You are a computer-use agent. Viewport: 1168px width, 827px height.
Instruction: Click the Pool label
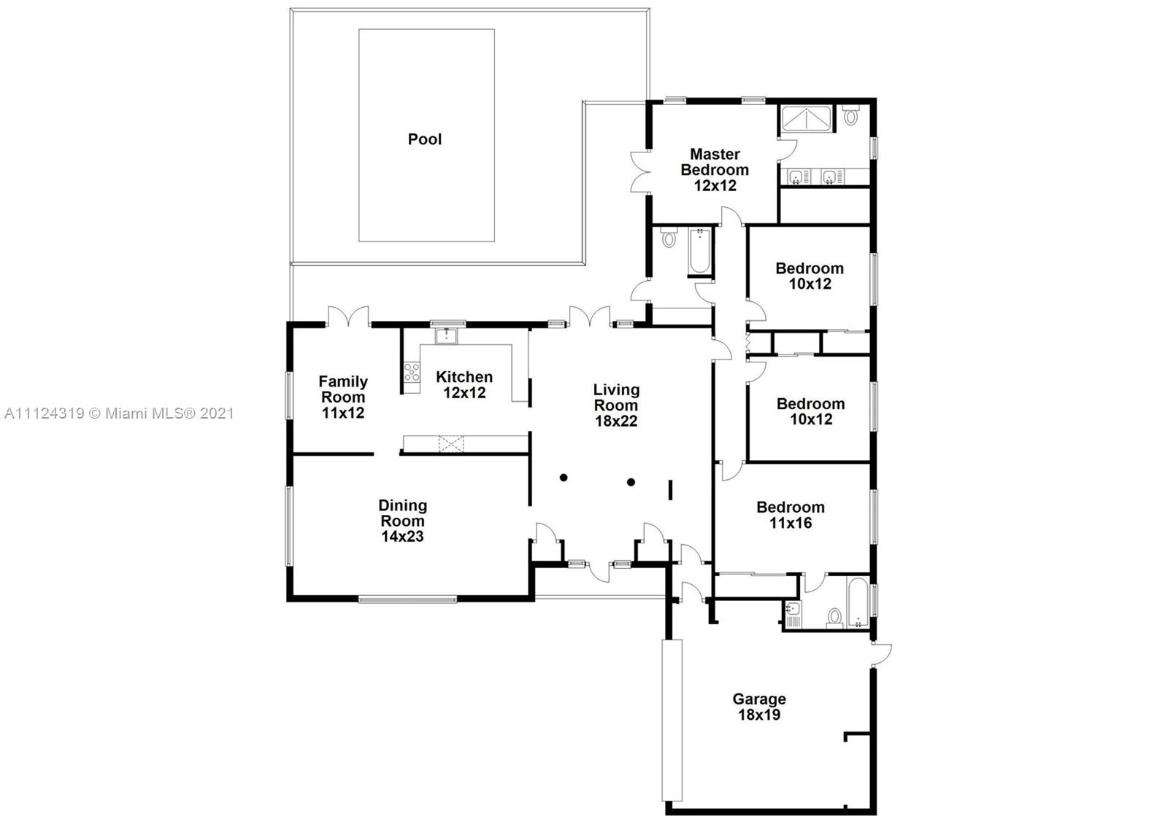tap(424, 139)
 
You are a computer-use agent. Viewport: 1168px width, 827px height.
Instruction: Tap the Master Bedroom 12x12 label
tap(715, 170)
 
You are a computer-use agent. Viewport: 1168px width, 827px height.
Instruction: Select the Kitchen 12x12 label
tap(464, 384)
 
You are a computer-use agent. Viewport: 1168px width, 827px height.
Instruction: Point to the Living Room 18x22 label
tap(616, 405)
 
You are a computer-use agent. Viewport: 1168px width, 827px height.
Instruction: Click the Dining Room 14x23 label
tap(402, 521)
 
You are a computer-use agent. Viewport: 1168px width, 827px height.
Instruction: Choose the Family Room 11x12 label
tap(343, 397)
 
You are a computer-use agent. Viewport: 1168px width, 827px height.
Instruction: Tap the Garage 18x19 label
tap(758, 706)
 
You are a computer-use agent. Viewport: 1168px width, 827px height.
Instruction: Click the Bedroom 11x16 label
tap(791, 515)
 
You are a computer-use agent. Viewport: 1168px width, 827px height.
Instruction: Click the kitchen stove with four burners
tap(412, 373)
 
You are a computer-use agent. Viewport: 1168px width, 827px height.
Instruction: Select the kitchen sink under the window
tap(446, 336)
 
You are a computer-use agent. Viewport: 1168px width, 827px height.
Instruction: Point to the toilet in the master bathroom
tap(850, 115)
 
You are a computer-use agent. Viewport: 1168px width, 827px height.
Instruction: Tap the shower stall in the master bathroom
tap(806, 118)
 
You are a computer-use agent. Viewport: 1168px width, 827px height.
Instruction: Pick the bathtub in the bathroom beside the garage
tap(858, 602)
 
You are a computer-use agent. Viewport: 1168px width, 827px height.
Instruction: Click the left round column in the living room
tap(564, 478)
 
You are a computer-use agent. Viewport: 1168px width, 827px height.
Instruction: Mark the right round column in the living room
tap(631, 482)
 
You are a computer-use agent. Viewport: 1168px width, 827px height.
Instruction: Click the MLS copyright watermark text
tap(119, 413)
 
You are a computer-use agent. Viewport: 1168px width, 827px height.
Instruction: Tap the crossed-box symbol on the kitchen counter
tap(451, 444)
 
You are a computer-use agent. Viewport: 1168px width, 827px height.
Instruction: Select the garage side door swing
tap(881, 655)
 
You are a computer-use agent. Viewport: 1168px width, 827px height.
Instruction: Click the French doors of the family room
tap(348, 316)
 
